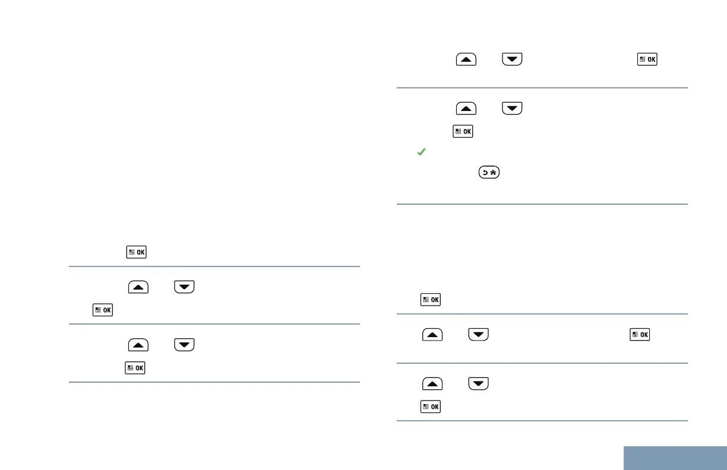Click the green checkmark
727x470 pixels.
pyautogui.click(x=421, y=153)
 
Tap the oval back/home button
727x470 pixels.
pyautogui.click(x=488, y=173)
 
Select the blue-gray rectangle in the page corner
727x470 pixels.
pyautogui.click(x=675, y=458)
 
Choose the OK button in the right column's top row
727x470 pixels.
pyautogui.click(x=647, y=60)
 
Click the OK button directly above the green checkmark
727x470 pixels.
pyautogui.click(x=463, y=131)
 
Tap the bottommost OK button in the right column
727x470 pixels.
pyautogui.click(x=431, y=407)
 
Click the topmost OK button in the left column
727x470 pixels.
pyautogui.click(x=137, y=252)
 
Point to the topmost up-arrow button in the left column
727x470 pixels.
pyautogui.click(x=137, y=287)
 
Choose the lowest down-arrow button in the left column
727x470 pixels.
pyautogui.click(x=184, y=345)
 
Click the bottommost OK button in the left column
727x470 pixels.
pyautogui.click(x=136, y=369)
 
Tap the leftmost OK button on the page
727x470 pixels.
pyautogui.click(x=103, y=310)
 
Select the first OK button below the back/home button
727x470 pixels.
pyautogui.click(x=431, y=300)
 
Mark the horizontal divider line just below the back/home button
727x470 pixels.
pyautogui.click(x=542, y=204)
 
